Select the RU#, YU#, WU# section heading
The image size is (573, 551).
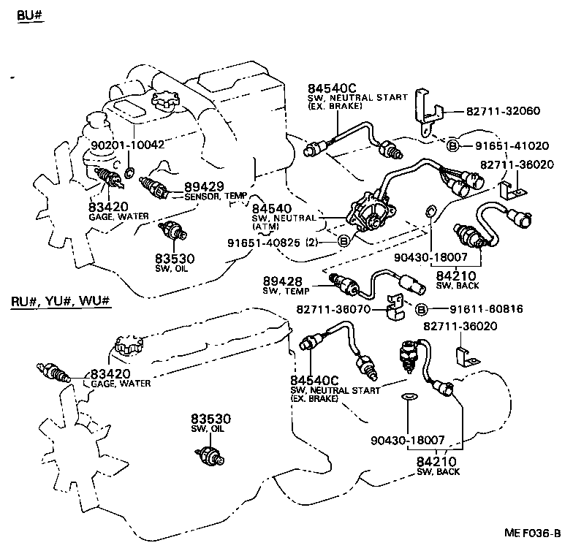(x=61, y=301)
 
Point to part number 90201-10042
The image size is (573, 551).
(x=128, y=144)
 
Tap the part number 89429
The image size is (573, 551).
(x=204, y=186)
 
